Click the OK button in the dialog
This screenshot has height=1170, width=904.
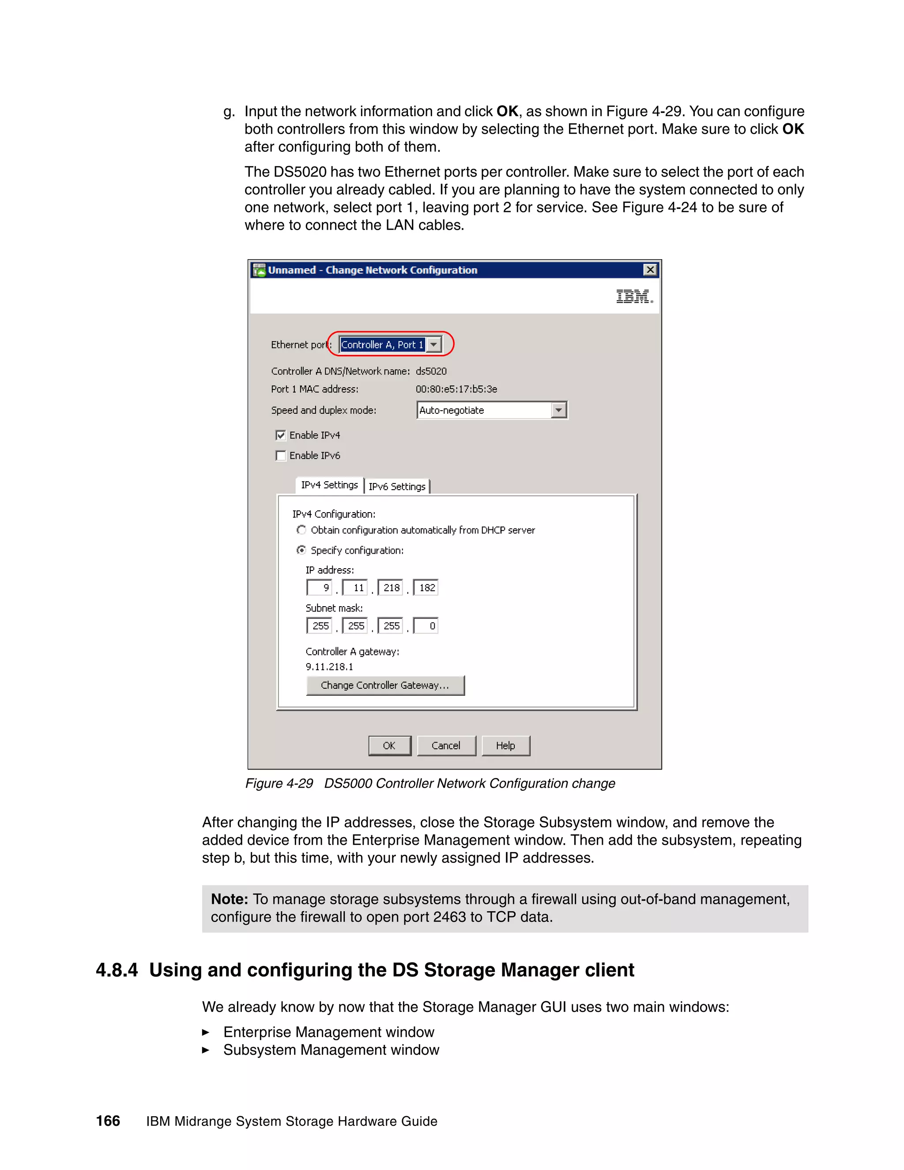coord(389,745)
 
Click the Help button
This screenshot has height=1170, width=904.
coord(505,745)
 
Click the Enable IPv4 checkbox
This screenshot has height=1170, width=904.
coord(281,435)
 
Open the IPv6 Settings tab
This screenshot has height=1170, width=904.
coord(397,487)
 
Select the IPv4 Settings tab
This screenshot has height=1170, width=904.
coord(329,485)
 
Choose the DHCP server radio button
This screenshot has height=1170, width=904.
coord(301,530)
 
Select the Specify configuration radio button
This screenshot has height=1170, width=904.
coord(301,550)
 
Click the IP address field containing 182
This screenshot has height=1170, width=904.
coord(426,588)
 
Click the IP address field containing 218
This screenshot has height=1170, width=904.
coord(390,588)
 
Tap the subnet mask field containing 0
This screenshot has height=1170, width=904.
coord(426,626)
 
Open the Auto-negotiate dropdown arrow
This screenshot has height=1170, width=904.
coord(558,410)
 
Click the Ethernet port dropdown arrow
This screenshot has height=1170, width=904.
coord(434,344)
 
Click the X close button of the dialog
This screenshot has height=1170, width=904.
coord(650,270)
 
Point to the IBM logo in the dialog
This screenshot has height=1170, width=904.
coord(634,296)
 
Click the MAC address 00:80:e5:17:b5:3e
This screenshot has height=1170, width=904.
coord(456,389)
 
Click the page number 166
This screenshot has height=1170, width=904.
coord(108,1121)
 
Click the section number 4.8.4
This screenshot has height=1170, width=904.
coord(116,970)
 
